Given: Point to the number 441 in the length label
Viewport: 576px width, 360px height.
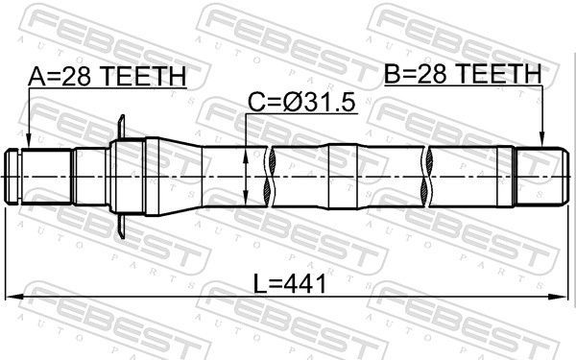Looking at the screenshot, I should click(307, 284).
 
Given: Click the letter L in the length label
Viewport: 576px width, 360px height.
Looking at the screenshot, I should click(260, 284).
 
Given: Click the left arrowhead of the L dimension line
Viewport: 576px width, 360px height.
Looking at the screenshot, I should click(12, 297).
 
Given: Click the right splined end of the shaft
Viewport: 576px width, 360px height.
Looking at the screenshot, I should click(538, 176).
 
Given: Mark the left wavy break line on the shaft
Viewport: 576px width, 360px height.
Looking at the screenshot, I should click(274, 176).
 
